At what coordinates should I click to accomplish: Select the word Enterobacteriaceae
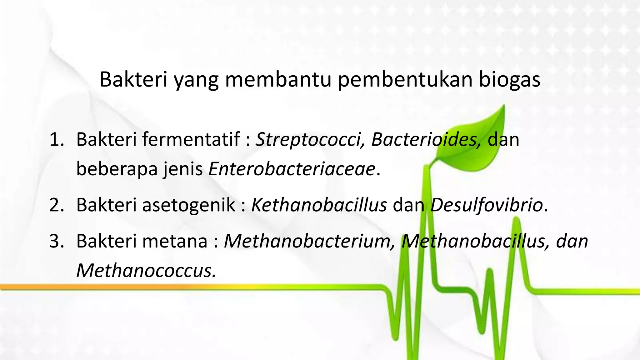coord(292,169)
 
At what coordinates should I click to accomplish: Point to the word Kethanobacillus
coord(319,205)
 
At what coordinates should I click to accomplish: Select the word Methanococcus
coord(146,271)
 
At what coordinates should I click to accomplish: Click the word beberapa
coord(117,170)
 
